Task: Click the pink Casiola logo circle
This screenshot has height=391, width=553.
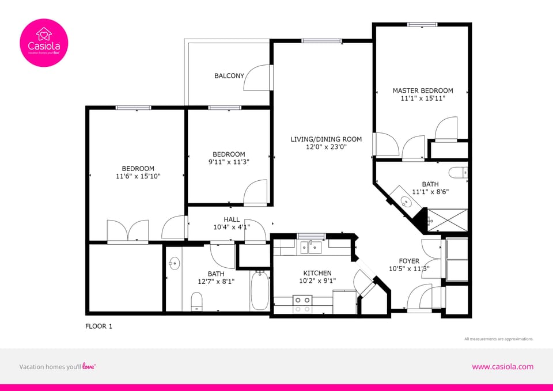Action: pos(44,43)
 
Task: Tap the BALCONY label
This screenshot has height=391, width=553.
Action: pos(229,75)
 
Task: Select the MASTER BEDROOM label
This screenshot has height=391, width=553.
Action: pos(423,90)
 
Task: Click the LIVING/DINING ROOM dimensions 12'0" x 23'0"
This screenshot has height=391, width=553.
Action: pos(326,147)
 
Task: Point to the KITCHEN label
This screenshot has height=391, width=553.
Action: pos(317,273)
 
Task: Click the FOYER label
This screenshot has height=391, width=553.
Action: pos(409,261)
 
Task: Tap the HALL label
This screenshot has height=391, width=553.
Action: pos(232,219)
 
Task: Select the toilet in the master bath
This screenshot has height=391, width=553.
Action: pos(459,172)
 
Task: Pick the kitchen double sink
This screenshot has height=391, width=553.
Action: pos(311,248)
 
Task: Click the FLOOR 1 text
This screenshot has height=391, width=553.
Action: pos(99,327)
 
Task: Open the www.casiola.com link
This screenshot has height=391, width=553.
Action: pos(502,366)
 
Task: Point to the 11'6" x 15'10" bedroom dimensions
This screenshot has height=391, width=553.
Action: pos(138,177)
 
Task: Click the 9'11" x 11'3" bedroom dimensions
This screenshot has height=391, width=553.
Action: pos(229,162)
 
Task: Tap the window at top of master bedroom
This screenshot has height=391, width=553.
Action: pos(422,24)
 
